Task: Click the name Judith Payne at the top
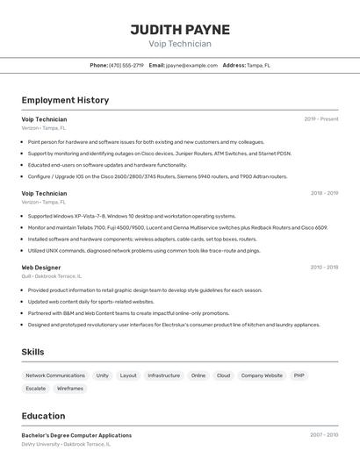[x=180, y=29]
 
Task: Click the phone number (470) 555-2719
[x=126, y=65]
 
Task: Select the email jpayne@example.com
[x=192, y=65]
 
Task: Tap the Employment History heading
[x=65, y=100]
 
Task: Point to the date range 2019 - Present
[x=321, y=119]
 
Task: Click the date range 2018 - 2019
[x=324, y=193]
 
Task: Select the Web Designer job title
[x=41, y=267]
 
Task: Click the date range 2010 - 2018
[x=324, y=267]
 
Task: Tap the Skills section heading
[x=33, y=352]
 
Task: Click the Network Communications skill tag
[x=55, y=376]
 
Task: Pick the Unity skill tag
[x=103, y=376]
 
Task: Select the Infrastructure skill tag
[x=163, y=376]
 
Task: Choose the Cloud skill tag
[x=223, y=376]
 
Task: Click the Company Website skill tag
[x=262, y=376]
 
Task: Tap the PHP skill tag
[x=299, y=376]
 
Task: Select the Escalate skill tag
[x=36, y=388]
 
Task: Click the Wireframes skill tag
[x=70, y=388]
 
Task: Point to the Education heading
[x=43, y=416]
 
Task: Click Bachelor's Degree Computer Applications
[x=76, y=435]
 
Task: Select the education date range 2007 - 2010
[x=324, y=435]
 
